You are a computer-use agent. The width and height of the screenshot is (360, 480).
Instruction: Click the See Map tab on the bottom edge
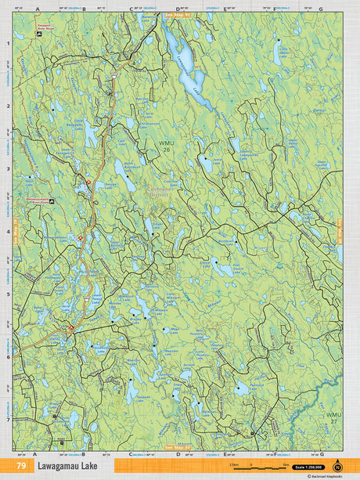coord(179,449)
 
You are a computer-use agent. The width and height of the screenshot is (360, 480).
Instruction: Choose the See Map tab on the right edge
coord(340,231)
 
